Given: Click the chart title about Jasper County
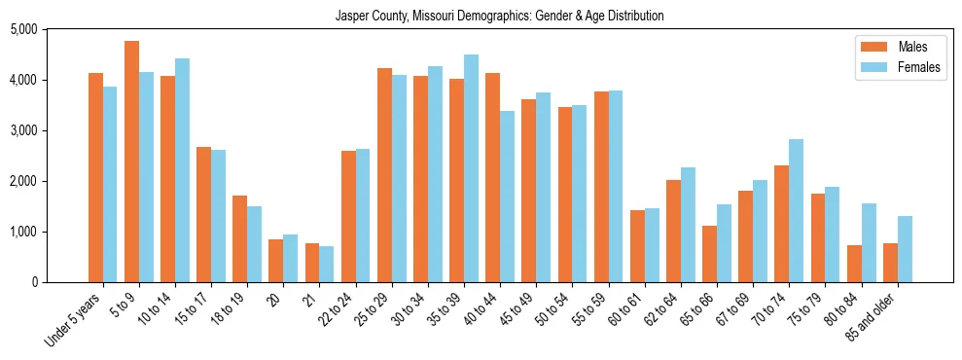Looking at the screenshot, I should (x=499, y=16).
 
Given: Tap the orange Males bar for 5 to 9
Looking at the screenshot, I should (x=131, y=162).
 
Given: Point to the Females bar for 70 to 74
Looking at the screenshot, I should (x=796, y=210).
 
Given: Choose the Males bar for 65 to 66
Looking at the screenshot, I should (x=709, y=254).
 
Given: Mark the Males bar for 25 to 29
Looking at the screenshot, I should (x=384, y=175).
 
